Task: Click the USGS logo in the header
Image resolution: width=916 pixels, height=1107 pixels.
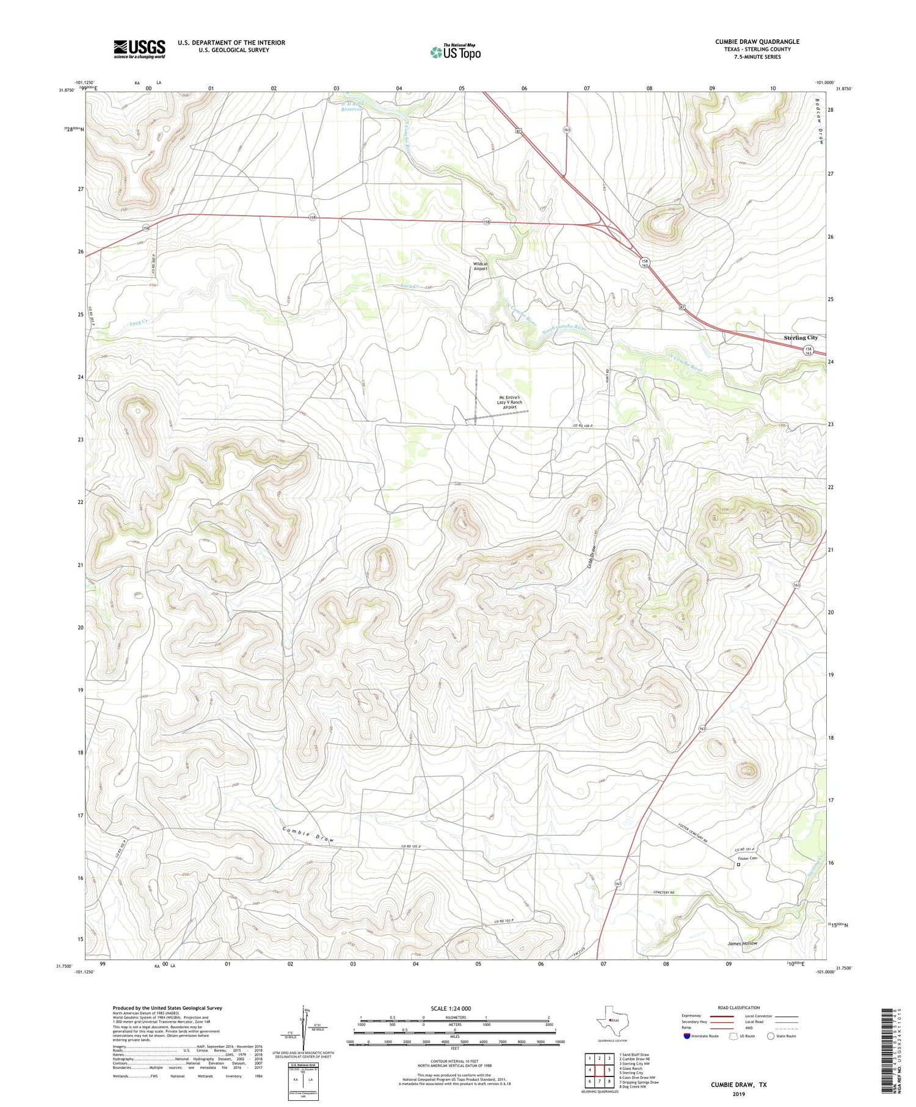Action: coord(139,49)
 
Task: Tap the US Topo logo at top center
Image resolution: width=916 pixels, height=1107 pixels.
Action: coord(455,52)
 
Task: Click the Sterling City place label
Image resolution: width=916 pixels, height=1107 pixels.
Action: coord(800,338)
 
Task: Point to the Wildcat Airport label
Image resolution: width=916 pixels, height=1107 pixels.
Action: coord(481,266)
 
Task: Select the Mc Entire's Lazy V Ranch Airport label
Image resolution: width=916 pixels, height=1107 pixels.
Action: coord(509,402)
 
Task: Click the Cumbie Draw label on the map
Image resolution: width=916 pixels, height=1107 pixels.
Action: coord(308,835)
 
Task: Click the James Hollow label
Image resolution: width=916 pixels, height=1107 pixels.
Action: coord(742,943)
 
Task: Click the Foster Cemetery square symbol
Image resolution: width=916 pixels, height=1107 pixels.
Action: coord(738,865)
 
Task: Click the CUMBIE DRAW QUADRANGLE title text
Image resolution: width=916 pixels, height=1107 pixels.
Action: coord(757,42)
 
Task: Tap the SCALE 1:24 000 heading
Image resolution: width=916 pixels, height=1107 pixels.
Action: coord(451,1008)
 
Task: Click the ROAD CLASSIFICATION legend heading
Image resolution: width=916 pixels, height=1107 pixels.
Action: coord(739,1007)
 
